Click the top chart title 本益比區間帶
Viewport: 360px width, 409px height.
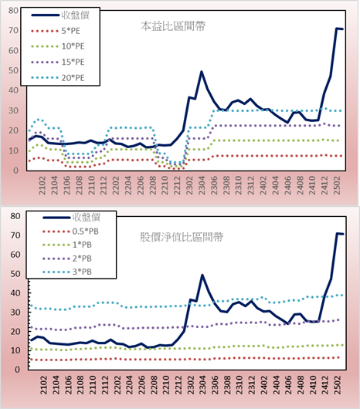pyautogui.click(x=173, y=26)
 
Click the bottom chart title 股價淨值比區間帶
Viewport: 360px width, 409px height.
pyautogui.click(x=182, y=237)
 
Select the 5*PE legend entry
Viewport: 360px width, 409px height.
pyautogui.click(x=56, y=31)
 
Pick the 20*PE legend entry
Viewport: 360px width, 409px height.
pyautogui.click(x=57, y=78)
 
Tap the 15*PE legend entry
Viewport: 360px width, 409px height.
pyautogui.click(x=57, y=62)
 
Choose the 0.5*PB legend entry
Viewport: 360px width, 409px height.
pyautogui.click(x=70, y=232)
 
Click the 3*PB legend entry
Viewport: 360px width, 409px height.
pyautogui.click(x=67, y=272)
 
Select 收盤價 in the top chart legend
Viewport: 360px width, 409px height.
pyautogui.click(x=60, y=15)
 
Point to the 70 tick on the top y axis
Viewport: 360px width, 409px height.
pyautogui.click(x=13, y=30)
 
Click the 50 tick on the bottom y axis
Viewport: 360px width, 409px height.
pyautogui.click(x=15, y=274)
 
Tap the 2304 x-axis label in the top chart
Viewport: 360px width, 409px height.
pyautogui.click(x=202, y=185)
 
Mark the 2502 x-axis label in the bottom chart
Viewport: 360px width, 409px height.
pyautogui.click(x=338, y=385)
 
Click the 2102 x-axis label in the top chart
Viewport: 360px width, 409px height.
pyautogui.click(x=42, y=185)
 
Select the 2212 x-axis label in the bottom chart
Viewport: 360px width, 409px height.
pyautogui.click(x=178, y=385)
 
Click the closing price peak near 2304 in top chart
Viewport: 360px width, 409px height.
pyautogui.click(x=202, y=72)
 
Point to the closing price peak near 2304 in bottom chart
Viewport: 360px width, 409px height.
pyautogui.click(x=202, y=275)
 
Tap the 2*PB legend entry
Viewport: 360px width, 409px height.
pyautogui.click(x=67, y=259)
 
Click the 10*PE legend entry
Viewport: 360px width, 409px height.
pyautogui.click(x=57, y=46)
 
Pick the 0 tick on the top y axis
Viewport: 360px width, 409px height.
pyautogui.click(x=16, y=171)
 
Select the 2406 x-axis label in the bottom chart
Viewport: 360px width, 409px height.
pyautogui.click(x=288, y=385)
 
